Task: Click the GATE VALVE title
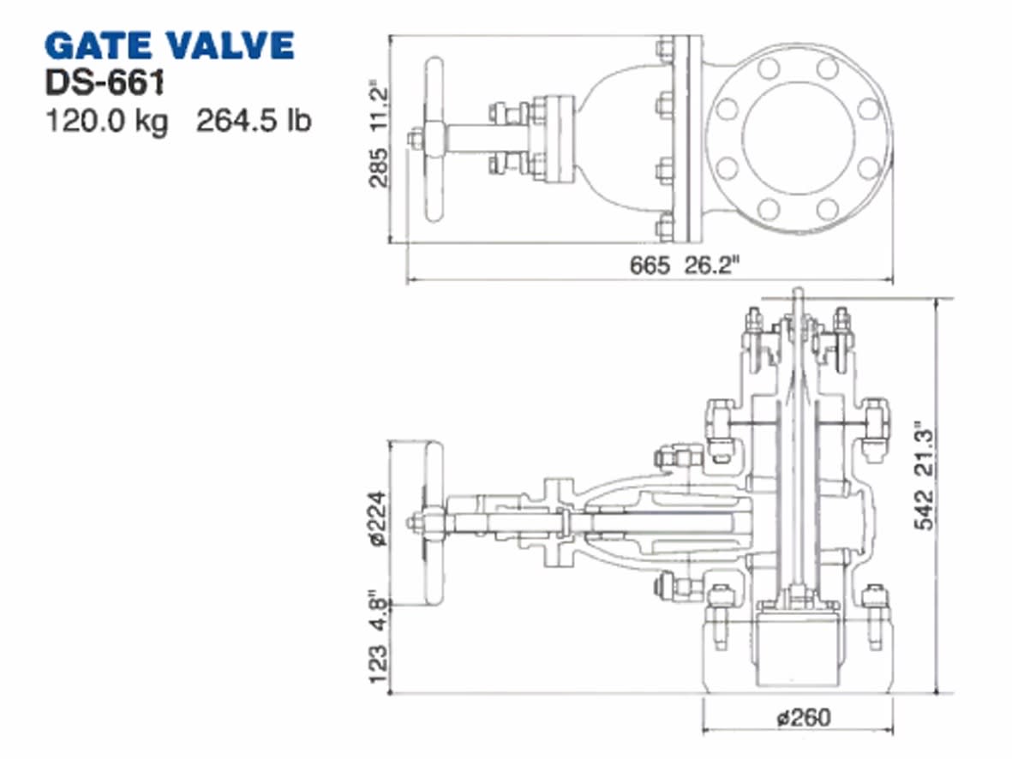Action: tap(169, 45)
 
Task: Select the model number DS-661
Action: tap(104, 84)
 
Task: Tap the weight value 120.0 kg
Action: tap(106, 121)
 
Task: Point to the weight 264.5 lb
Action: tap(254, 121)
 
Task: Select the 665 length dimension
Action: tap(650, 266)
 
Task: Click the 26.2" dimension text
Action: tap(711, 266)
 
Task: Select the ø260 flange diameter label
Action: tap(804, 717)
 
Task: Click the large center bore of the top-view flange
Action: tap(798, 138)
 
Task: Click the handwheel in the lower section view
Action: tap(434, 523)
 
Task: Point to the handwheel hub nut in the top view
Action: tap(415, 139)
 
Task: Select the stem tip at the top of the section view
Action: tap(798, 294)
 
